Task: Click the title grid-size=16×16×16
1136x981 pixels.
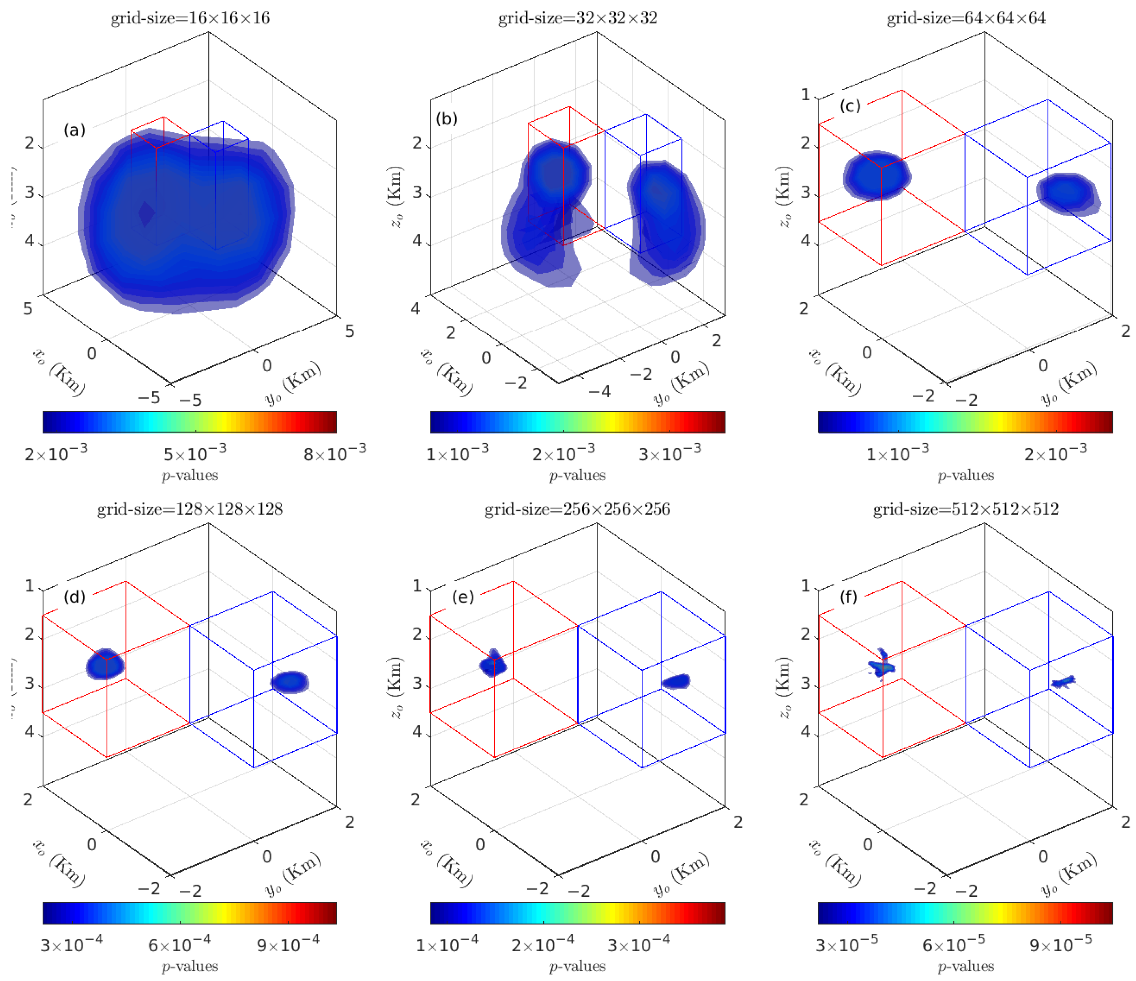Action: [190, 18]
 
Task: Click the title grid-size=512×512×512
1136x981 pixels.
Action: [966, 509]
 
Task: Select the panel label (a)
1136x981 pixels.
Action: [75, 130]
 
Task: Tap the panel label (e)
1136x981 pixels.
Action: [463, 596]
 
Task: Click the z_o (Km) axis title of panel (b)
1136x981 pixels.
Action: [396, 196]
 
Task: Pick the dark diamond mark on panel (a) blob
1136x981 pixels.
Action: [146, 214]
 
